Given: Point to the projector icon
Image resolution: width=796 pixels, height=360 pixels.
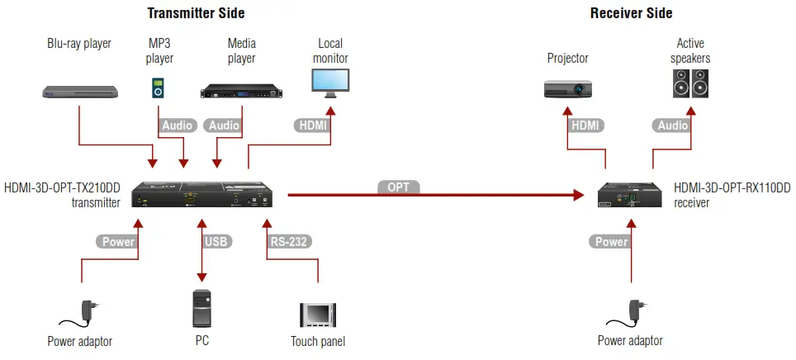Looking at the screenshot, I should click(568, 88).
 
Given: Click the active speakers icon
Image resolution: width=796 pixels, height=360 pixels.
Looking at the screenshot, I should click(690, 83).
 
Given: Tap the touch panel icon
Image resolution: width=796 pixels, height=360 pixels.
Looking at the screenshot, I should click(318, 315).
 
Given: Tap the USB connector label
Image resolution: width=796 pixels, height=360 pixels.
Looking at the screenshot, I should click(216, 242).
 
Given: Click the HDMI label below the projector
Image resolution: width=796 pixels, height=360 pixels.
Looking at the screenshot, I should click(586, 126).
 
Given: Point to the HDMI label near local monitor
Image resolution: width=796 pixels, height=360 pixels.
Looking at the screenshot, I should click(311, 126).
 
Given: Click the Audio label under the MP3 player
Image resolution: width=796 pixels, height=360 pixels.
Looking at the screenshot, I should click(177, 126).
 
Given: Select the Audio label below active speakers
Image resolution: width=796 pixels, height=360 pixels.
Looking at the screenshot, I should click(672, 126).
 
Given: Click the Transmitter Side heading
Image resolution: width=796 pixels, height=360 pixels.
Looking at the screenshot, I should click(196, 13).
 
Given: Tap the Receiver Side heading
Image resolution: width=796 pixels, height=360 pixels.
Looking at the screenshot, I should click(631, 13).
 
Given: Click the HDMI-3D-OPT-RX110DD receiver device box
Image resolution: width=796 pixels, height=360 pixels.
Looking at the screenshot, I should click(629, 195).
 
